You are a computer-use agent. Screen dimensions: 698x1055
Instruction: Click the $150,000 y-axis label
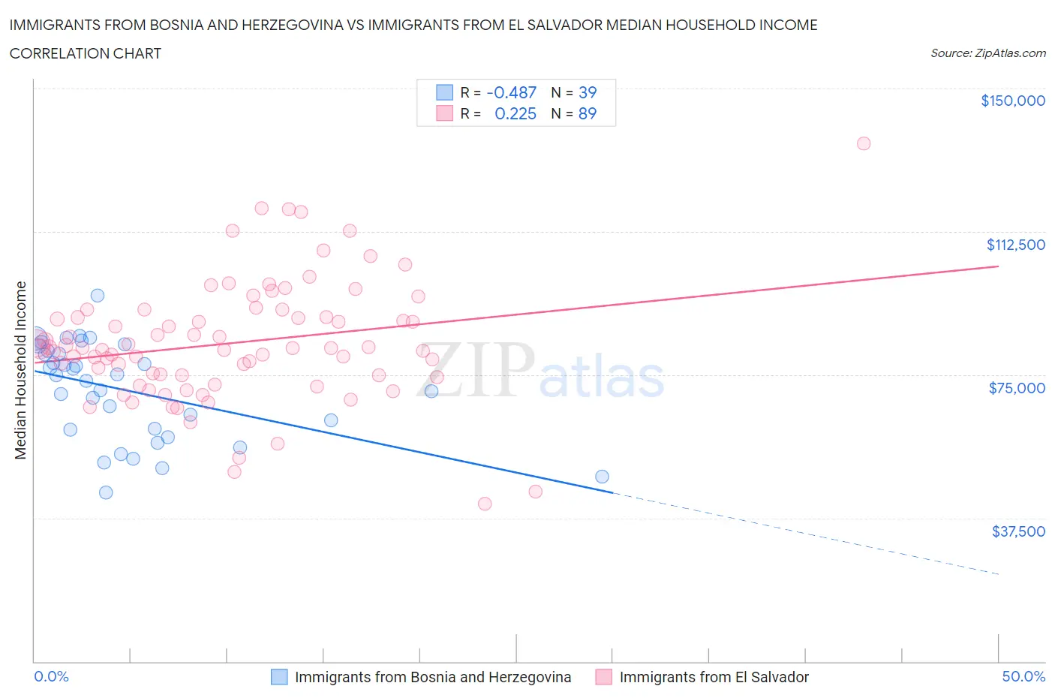tap(1012, 101)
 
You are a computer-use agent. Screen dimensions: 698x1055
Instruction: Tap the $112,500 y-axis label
tap(1015, 245)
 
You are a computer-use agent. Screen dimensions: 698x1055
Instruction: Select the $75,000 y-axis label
tap(1017, 388)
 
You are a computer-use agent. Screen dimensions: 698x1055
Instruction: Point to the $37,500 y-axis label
tap(1017, 531)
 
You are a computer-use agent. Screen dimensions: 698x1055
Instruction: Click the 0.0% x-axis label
tap(51, 676)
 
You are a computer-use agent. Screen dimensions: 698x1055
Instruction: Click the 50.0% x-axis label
tap(1023, 676)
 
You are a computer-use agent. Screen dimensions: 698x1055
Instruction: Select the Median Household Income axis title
tap(21, 370)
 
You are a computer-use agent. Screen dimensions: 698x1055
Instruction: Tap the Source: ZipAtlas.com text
tap(987, 53)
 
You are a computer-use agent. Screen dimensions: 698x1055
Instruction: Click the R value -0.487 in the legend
tap(512, 92)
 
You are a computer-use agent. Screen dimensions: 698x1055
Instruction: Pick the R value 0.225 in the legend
tap(515, 113)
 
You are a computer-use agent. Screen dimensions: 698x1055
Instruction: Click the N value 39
tap(588, 92)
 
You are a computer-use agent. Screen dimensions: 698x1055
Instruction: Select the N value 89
tap(588, 113)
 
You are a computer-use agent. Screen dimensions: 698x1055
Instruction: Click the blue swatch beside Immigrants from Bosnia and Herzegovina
tap(279, 677)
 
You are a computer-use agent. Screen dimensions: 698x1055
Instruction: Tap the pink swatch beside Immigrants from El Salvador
tap(603, 677)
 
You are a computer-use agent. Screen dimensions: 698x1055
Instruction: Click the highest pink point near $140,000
tap(864, 143)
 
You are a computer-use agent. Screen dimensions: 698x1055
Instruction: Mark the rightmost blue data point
tap(602, 477)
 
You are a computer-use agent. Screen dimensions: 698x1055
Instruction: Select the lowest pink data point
tap(485, 504)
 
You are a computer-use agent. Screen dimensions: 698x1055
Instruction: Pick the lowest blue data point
tap(106, 492)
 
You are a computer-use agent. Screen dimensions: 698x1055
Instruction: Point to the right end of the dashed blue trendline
tap(999, 574)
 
